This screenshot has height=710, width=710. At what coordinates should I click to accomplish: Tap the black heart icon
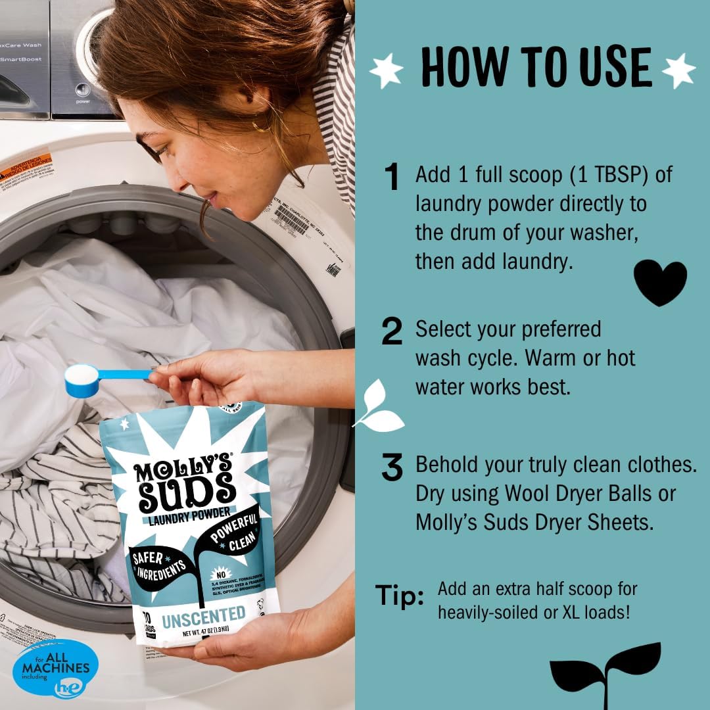click(x=659, y=281)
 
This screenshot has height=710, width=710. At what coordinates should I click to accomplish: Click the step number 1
click(x=392, y=178)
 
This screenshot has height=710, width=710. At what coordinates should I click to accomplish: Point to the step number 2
click(x=392, y=333)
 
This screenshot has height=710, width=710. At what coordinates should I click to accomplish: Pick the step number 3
click(x=392, y=467)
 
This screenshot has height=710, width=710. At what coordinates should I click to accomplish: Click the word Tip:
click(x=399, y=596)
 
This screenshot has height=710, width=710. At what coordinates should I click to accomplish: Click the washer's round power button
click(x=82, y=90)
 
